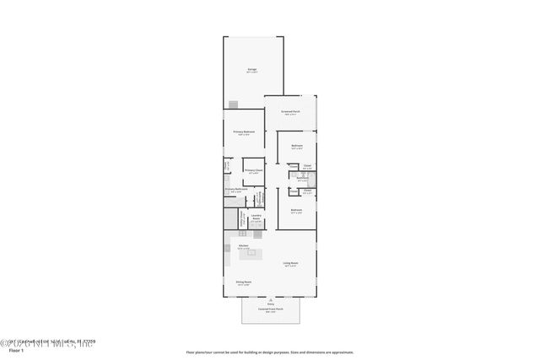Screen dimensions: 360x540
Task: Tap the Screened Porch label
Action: point(292,112)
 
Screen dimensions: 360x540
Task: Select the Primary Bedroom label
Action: point(244,132)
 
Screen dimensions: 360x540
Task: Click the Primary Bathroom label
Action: point(235,190)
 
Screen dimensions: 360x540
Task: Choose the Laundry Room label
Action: point(255,217)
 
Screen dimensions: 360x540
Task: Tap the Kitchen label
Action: point(243,245)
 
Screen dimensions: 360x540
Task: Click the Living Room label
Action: point(291,264)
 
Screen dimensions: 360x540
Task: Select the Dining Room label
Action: point(243,282)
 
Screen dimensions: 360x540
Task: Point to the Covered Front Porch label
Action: point(271,310)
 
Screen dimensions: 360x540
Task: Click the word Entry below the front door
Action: point(271,304)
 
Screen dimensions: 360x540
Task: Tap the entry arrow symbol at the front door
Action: point(271,299)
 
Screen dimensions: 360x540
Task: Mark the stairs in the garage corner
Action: point(234,105)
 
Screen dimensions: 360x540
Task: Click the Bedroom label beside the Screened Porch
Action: point(297,147)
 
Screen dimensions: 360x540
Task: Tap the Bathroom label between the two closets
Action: point(302,178)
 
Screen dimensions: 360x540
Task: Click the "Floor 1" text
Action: point(11,349)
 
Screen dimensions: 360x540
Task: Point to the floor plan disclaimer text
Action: point(270,352)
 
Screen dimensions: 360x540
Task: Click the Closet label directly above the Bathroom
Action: point(308,166)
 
